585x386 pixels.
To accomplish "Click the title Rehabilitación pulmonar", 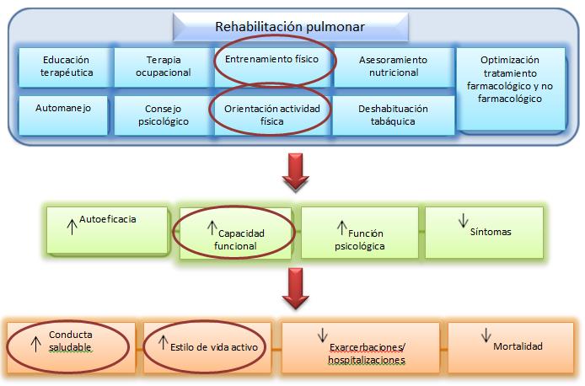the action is click(290, 27).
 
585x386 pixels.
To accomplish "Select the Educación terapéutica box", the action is click(66, 67).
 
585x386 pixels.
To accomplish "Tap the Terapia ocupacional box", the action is click(164, 67).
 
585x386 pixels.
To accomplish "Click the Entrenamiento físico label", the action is click(271, 59).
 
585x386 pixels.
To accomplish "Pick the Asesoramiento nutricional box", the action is click(394, 67).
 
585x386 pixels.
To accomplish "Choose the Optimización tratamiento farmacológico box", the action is click(510, 88).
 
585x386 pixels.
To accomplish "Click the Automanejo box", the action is click(63, 115).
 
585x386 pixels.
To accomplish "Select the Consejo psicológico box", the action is click(164, 115).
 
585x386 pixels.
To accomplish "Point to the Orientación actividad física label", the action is click(272, 115).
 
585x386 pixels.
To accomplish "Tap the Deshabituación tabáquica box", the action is click(394, 115).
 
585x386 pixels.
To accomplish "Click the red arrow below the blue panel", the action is click(296, 173).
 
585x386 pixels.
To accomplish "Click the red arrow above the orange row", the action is click(296, 288).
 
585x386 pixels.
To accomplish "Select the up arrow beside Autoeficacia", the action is click(72, 227).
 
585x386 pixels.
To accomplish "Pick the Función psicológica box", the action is click(360, 233).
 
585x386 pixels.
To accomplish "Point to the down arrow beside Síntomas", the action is click(463, 221).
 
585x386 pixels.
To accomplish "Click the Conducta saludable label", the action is click(70, 340).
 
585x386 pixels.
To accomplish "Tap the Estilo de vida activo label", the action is click(214, 347).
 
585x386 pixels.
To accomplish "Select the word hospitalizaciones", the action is click(367, 360).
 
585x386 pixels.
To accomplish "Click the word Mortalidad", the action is click(518, 346).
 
